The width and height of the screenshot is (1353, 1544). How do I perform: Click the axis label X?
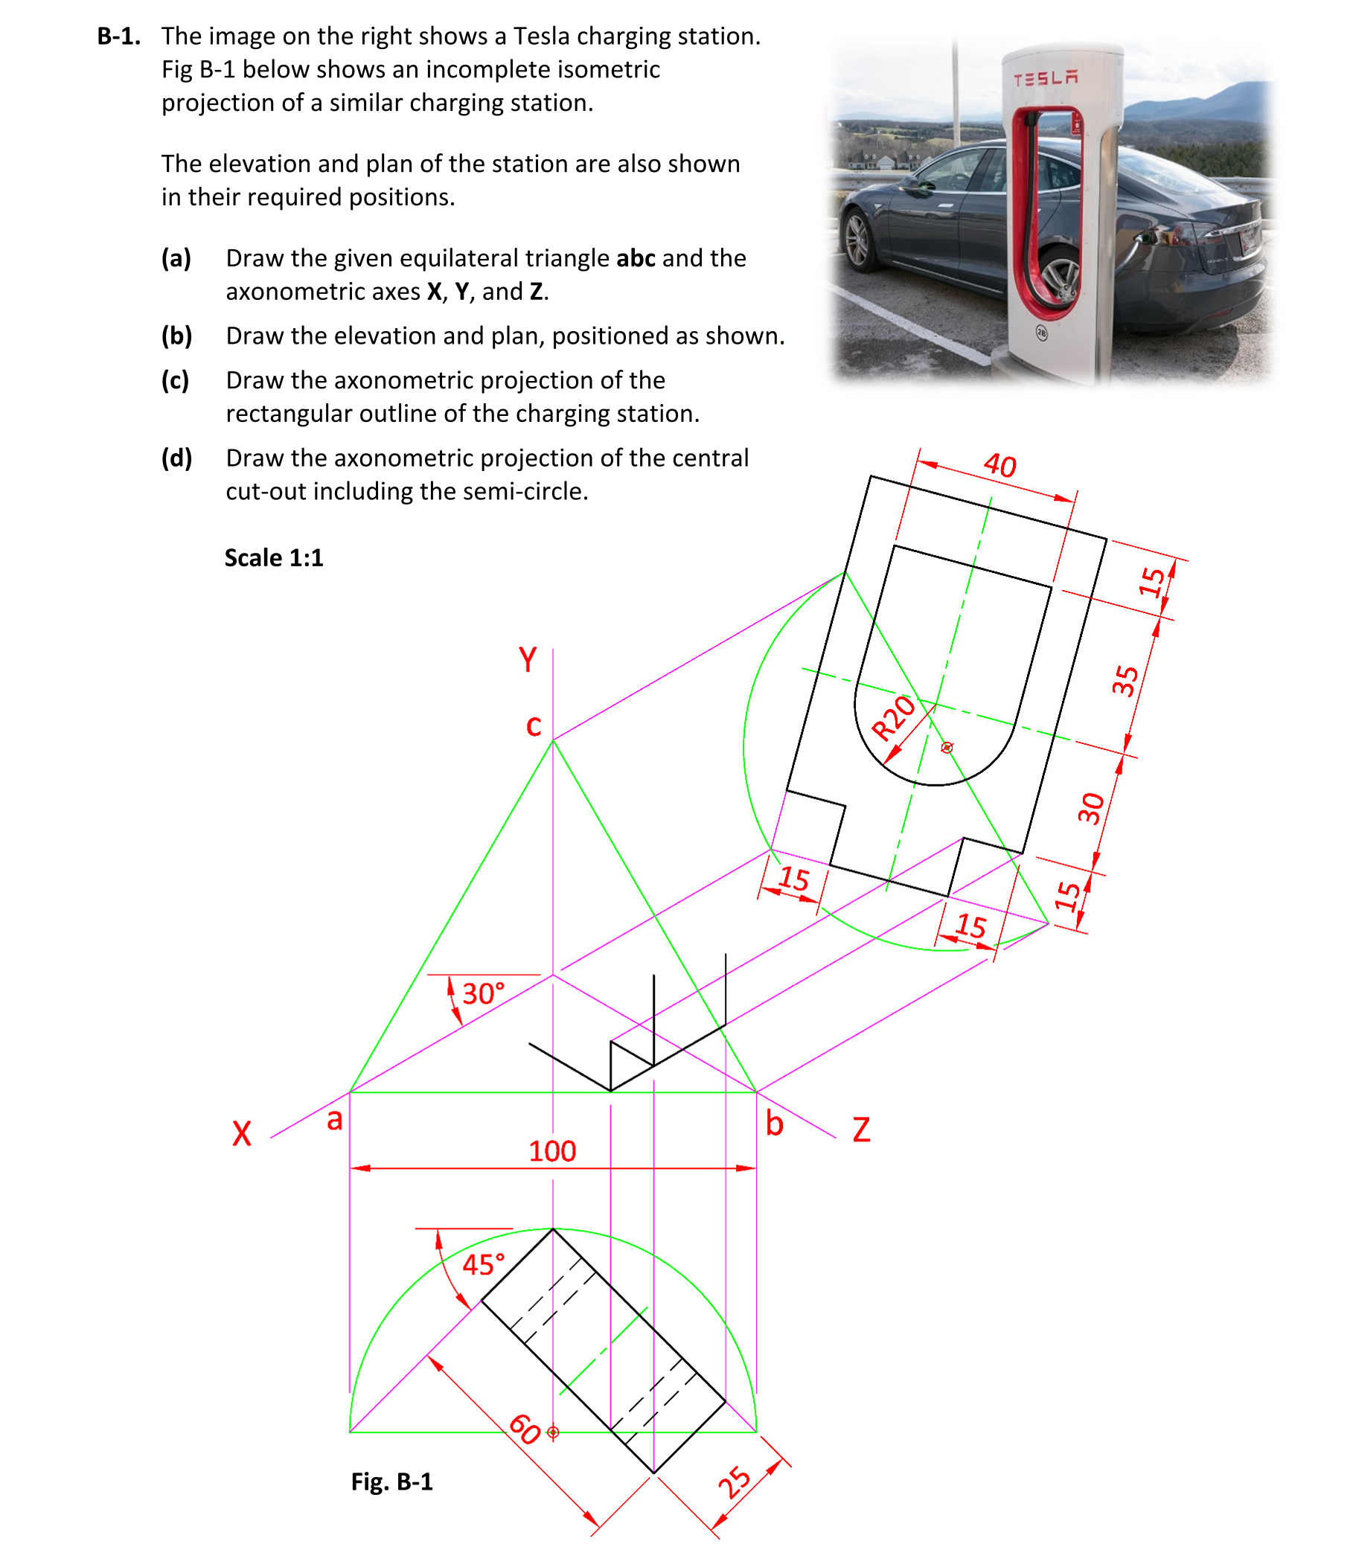242,1133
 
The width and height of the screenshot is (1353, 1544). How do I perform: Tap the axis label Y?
528,660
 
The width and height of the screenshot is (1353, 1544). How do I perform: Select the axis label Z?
862,1130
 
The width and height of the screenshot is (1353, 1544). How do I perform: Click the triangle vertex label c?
534,726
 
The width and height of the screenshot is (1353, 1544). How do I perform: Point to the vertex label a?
334,1120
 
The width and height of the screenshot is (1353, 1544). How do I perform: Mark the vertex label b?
775,1124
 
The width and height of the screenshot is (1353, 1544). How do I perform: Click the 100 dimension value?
552,1151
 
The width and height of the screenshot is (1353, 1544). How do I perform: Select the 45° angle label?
483,1265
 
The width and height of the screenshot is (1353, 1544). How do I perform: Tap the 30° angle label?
483,993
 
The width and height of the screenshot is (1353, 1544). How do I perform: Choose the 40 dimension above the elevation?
999,465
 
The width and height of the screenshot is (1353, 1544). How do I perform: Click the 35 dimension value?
1125,680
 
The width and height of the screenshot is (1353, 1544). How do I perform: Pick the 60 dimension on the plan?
525,1429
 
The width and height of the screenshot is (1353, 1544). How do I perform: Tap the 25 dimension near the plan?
734,1482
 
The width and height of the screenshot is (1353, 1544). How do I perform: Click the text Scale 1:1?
273,558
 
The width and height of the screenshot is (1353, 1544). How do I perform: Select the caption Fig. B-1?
392,1481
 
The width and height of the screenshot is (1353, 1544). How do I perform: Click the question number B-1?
118,36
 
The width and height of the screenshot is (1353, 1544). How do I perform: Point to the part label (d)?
176,458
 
